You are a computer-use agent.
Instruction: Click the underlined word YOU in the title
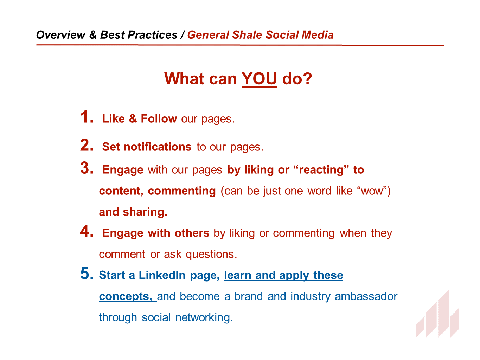point(259,79)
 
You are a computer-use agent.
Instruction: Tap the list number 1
point(87,117)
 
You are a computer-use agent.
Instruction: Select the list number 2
point(87,145)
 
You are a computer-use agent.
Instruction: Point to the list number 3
point(87,168)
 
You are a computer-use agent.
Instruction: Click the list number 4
point(87,231)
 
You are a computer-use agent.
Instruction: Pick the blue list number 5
point(87,273)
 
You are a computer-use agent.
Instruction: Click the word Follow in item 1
point(159,118)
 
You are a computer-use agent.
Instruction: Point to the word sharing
point(145,212)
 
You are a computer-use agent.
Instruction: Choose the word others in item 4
point(192,233)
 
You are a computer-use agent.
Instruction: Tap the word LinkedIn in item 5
point(162,275)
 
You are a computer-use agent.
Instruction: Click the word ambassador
point(366,296)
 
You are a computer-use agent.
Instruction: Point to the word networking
point(204,317)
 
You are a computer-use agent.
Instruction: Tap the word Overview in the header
point(60,35)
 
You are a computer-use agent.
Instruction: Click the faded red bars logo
point(437,314)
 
